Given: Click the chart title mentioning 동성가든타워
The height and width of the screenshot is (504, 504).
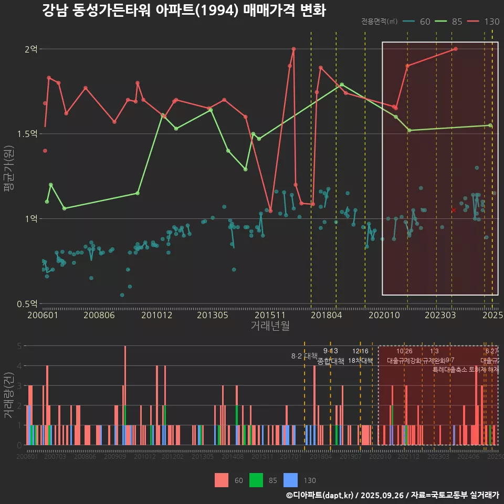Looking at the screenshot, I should (x=184, y=10).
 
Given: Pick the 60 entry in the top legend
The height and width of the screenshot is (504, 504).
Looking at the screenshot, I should (x=417, y=22).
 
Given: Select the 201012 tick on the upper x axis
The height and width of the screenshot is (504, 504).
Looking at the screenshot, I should (x=156, y=316).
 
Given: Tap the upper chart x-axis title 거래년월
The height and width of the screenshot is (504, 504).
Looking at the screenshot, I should (x=270, y=326).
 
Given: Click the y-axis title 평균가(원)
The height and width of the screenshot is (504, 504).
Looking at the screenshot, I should (x=9, y=176).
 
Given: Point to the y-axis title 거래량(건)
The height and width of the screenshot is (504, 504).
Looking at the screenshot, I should (x=9, y=395).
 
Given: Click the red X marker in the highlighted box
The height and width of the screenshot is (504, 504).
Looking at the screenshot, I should (x=454, y=210).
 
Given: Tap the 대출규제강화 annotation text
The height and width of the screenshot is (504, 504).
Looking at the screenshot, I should (x=404, y=361).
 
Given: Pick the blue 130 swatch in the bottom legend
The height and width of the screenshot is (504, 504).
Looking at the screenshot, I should (x=290, y=480).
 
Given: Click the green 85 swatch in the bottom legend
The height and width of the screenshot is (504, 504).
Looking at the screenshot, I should (x=256, y=480).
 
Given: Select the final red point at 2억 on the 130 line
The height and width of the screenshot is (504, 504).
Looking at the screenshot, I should (x=455, y=49).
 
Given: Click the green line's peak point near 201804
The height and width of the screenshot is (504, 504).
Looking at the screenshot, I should (x=342, y=85).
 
